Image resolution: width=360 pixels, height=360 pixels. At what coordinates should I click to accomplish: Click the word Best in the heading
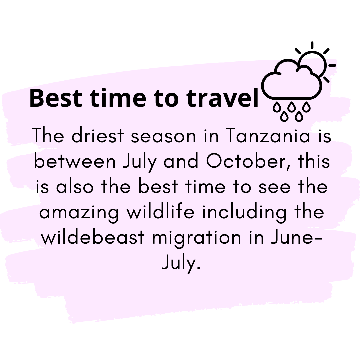coord(56,98)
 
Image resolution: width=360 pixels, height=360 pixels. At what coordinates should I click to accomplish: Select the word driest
coord(98,135)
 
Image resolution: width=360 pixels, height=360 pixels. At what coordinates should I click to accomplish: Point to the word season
coord(163,137)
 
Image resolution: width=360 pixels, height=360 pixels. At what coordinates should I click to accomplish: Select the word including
coord(244,213)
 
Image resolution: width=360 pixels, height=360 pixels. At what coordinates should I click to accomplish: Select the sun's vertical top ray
coord(312,45)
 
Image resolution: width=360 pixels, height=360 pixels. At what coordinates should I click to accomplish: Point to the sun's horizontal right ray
coord(332,65)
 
